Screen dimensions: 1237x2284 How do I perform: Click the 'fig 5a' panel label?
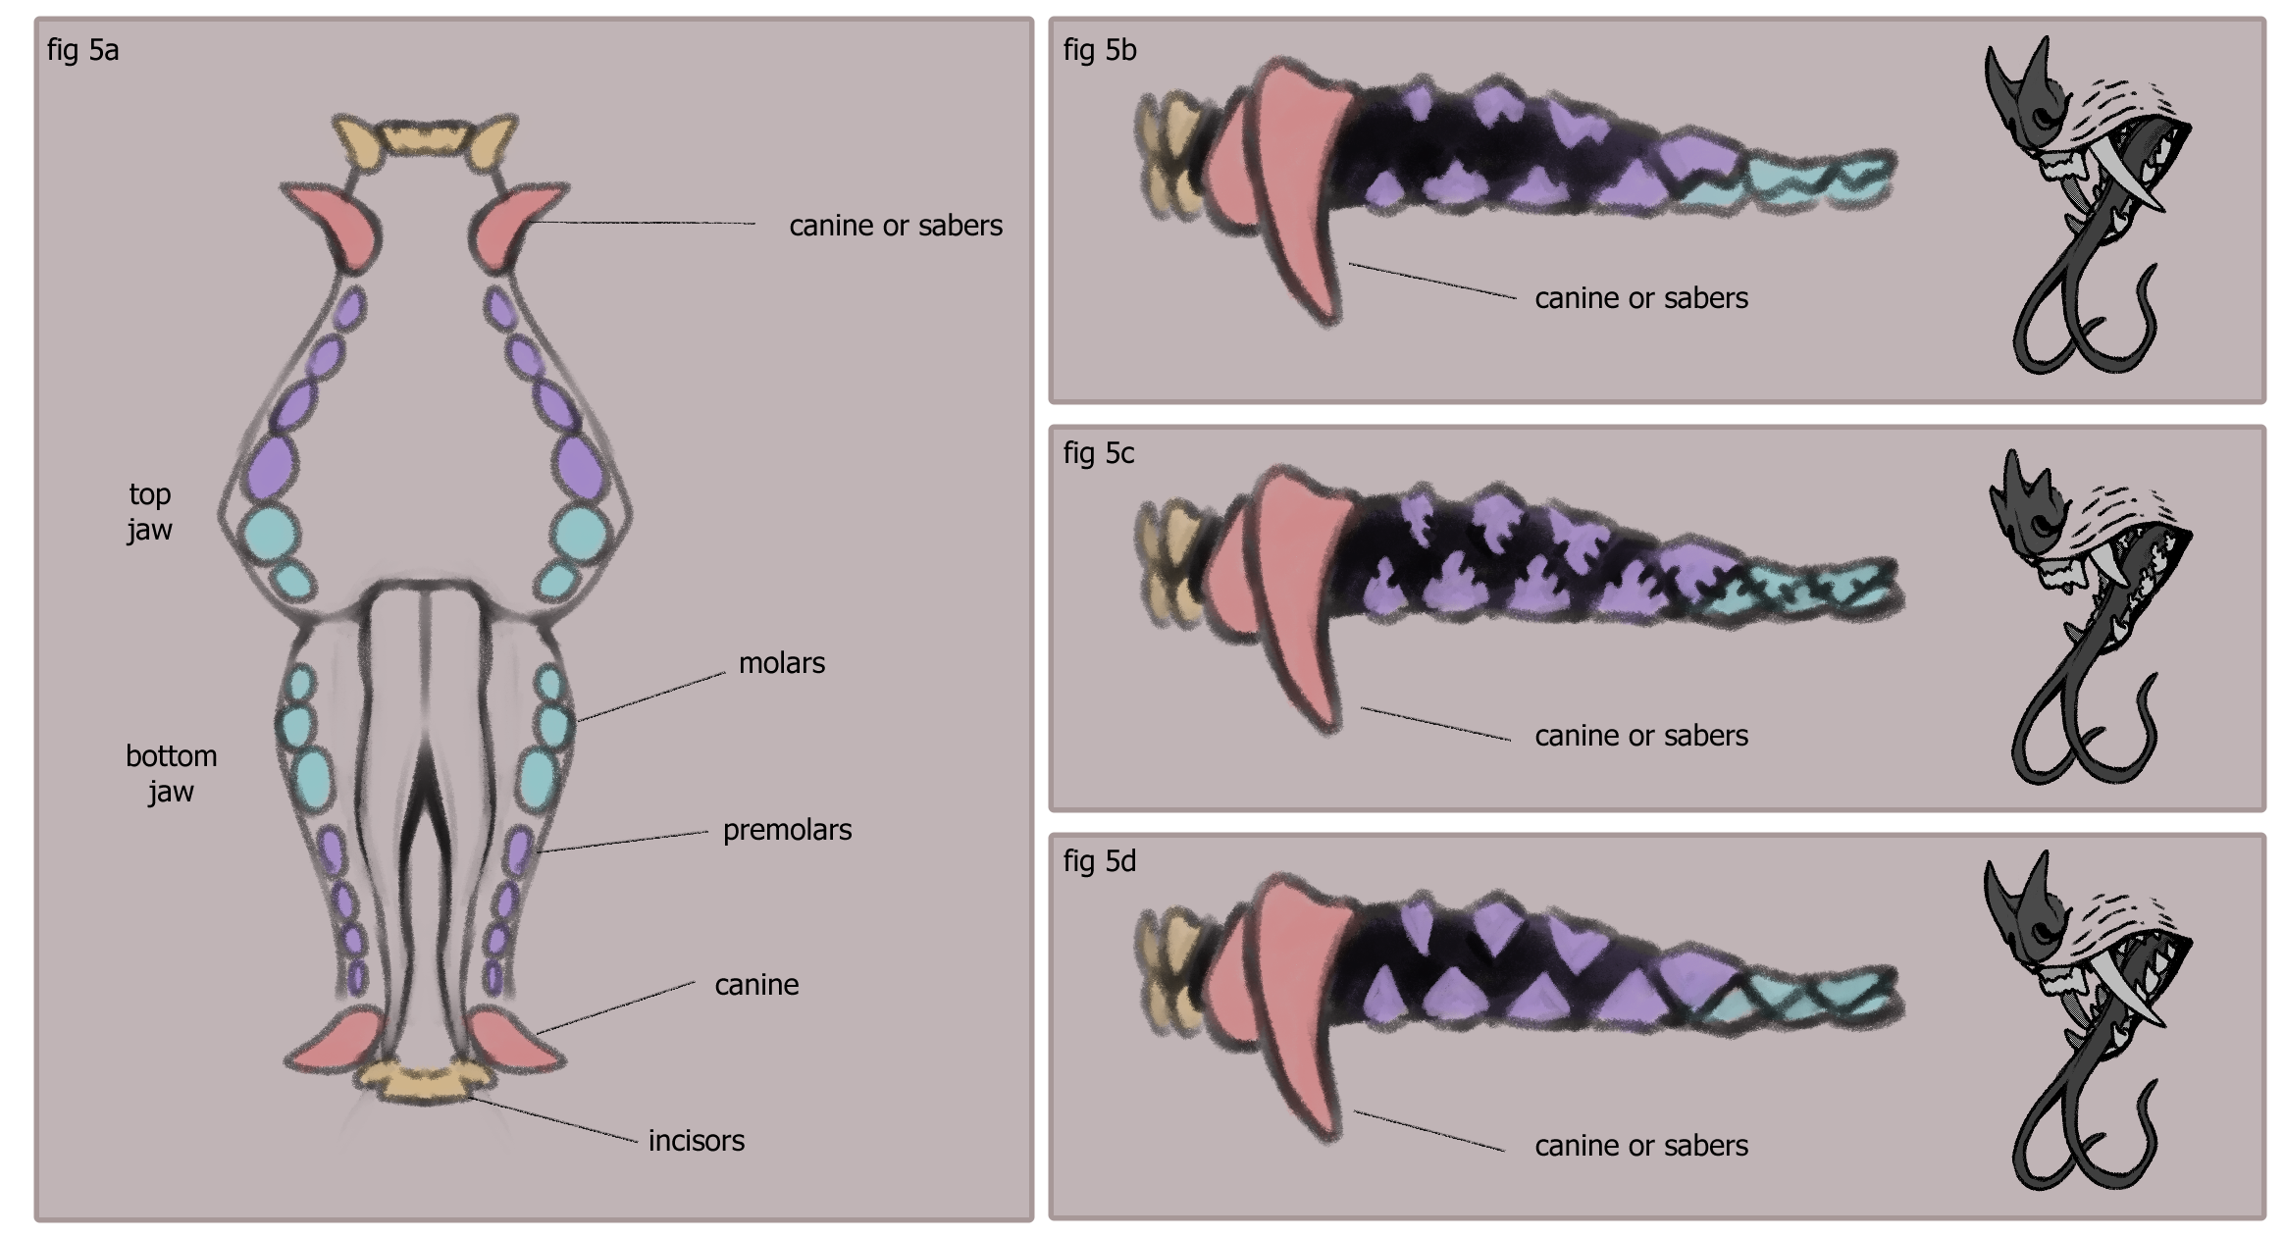click(x=82, y=50)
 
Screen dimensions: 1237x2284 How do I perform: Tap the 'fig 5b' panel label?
click(x=1099, y=50)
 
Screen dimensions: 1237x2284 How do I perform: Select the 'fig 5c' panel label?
click(x=1098, y=453)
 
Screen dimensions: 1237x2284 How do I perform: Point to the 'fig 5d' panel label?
click(x=1099, y=861)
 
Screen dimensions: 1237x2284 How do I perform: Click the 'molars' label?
click(x=781, y=663)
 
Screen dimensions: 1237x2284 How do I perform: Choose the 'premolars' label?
click(x=787, y=830)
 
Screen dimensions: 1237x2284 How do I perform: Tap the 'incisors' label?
click(x=696, y=1141)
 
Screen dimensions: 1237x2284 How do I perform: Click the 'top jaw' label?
click(x=149, y=511)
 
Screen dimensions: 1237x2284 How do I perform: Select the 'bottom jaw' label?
click(x=171, y=773)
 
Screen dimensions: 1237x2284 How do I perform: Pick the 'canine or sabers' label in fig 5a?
click(x=895, y=226)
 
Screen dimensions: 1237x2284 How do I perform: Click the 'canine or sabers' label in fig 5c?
click(x=1640, y=736)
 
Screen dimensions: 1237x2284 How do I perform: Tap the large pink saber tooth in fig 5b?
click(x=1295, y=186)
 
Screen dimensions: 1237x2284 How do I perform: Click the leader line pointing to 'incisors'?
click(x=554, y=1119)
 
